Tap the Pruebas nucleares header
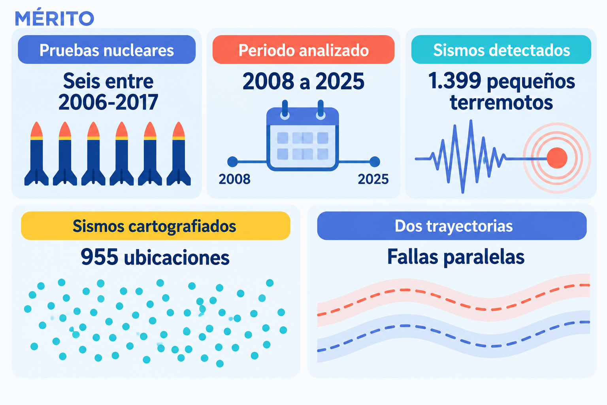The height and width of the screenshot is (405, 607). point(107,50)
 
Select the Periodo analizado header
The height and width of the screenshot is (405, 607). point(303,50)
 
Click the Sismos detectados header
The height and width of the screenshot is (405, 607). point(501,50)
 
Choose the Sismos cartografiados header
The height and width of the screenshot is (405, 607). point(156,226)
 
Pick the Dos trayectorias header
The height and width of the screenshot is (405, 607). point(452,226)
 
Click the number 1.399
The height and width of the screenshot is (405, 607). point(455,81)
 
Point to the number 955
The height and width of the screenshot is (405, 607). point(100,257)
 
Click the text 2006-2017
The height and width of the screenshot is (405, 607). point(108,102)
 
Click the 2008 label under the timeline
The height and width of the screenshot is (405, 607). point(234,179)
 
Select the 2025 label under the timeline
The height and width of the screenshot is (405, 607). point(373,179)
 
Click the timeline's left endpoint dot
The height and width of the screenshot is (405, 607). point(232,162)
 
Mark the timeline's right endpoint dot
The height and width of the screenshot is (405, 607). point(375,162)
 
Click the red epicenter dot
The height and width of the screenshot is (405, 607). point(557,158)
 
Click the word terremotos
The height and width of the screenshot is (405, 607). point(501,102)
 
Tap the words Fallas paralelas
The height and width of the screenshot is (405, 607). point(456,257)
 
